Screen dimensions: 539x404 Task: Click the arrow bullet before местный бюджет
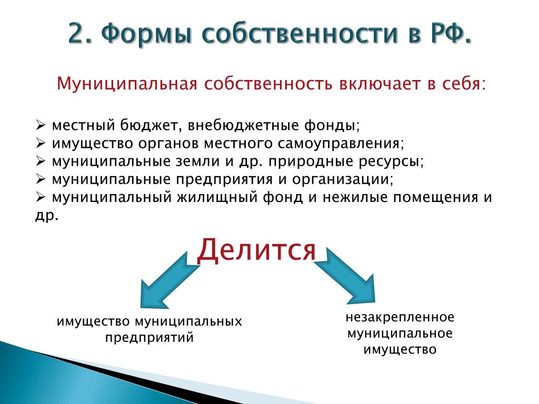41,125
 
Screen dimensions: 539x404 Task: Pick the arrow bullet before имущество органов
41,143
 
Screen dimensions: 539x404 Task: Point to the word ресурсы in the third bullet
391,162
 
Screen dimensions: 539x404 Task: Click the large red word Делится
256,250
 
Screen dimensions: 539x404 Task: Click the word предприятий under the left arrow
149,338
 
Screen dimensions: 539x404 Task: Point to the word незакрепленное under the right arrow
400,317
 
